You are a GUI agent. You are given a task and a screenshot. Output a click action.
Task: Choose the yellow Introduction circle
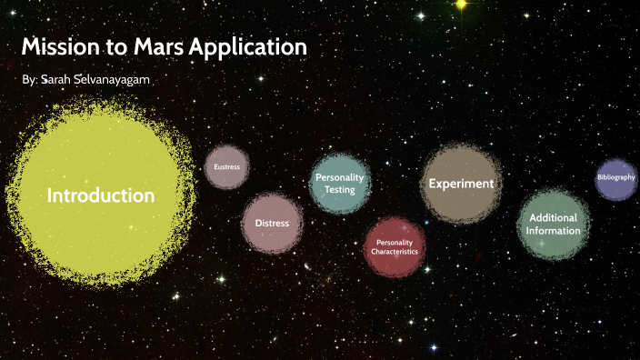(x=100, y=195)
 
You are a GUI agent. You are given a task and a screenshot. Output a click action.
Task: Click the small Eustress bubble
(x=226, y=167)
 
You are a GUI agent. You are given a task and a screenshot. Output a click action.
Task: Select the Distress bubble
(x=272, y=223)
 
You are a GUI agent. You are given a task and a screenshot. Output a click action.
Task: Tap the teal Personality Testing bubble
(x=340, y=183)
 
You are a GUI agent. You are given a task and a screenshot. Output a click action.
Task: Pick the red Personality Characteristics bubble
(x=395, y=246)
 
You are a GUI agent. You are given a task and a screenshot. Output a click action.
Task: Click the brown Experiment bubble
(x=461, y=184)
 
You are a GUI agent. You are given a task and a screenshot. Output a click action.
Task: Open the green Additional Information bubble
(x=553, y=224)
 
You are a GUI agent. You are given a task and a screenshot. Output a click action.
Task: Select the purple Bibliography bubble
(x=615, y=177)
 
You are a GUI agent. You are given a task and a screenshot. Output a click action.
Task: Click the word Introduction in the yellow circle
(x=100, y=195)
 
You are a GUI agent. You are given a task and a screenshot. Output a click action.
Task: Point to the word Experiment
(x=461, y=184)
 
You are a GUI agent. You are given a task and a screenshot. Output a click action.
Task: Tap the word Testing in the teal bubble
(x=340, y=189)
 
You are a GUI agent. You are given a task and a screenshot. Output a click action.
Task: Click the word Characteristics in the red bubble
(x=395, y=251)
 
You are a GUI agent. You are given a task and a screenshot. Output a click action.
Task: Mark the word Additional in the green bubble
(x=553, y=218)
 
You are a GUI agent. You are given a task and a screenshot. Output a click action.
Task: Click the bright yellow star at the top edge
(x=461, y=5)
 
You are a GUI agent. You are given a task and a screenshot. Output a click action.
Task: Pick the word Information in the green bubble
(x=553, y=231)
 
